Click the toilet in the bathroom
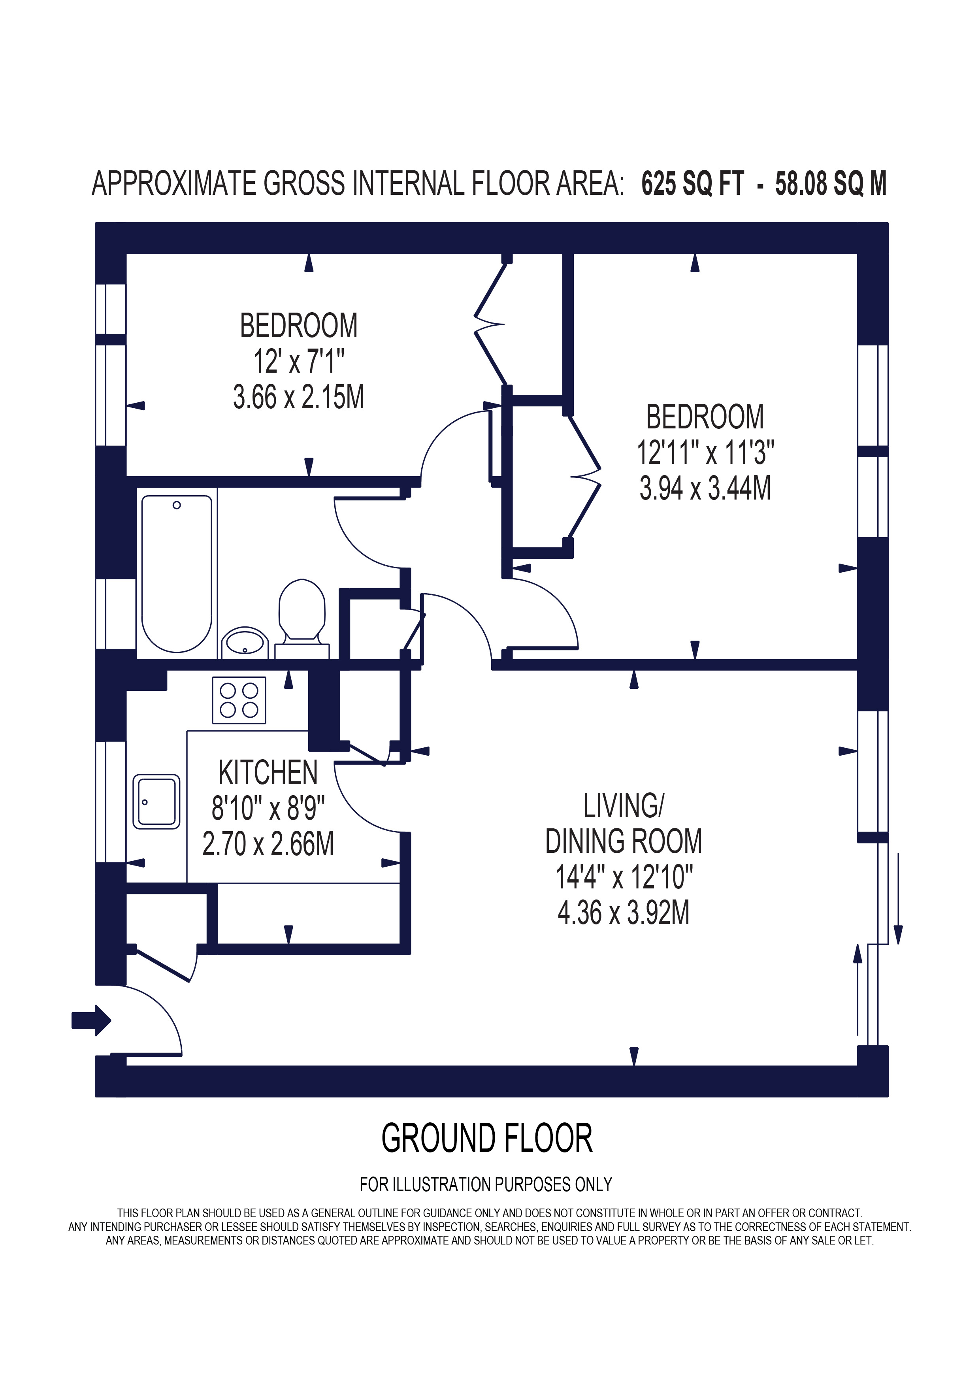point(302,611)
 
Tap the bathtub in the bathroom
point(176,573)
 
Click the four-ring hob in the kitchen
point(239,700)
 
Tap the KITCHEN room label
point(268,773)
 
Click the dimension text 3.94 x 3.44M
point(705,488)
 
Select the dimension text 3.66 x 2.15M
point(299,397)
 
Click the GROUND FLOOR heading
point(486,1139)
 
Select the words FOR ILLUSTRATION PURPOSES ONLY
point(486,1184)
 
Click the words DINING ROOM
point(623,841)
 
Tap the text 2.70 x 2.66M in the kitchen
point(268,844)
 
